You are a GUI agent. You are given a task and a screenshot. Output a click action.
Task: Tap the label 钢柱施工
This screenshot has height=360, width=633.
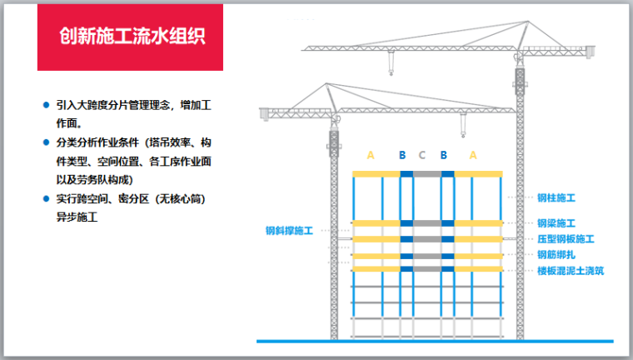(x=556, y=198)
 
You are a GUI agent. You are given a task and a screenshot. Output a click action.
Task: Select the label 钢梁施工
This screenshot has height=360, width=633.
(x=556, y=224)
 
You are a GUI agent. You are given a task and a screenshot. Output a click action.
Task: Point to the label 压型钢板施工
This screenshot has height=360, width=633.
(x=566, y=239)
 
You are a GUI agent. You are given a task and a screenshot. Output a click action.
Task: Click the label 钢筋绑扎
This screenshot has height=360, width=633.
(x=556, y=255)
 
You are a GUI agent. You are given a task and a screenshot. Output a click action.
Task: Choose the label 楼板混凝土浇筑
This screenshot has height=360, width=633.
(x=571, y=271)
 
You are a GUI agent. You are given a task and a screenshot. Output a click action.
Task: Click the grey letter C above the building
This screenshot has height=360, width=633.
(x=422, y=155)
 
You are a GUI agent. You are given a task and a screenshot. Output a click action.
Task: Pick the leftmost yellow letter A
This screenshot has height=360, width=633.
(x=371, y=155)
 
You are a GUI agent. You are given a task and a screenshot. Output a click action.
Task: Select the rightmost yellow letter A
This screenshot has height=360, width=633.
(x=473, y=155)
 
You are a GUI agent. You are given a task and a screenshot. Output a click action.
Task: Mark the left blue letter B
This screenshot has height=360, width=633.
(x=402, y=155)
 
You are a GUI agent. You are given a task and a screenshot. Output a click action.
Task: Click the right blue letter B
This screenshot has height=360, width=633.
(x=444, y=155)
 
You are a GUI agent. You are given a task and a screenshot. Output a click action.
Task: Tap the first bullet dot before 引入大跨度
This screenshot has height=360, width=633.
(x=47, y=106)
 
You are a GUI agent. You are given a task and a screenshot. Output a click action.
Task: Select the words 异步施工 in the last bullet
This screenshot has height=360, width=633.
(x=77, y=217)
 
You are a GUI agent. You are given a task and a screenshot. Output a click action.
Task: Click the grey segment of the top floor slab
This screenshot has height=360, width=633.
(x=427, y=174)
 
